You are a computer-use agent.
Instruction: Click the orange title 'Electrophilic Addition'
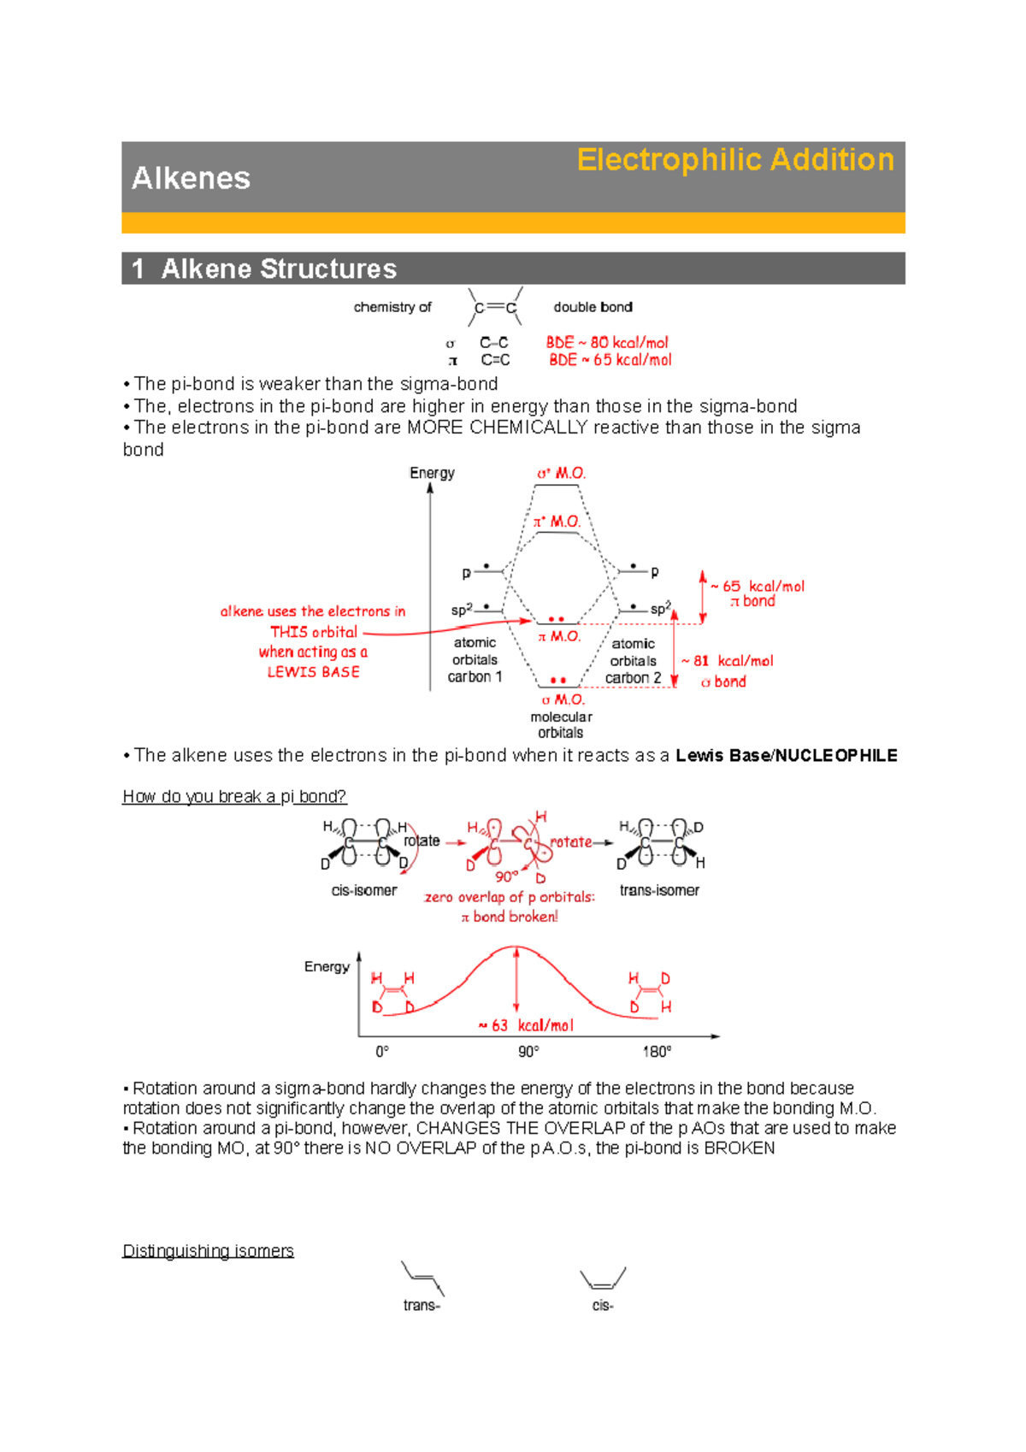pyautogui.click(x=735, y=160)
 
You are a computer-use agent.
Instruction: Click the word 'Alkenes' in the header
pyautogui.click(x=191, y=178)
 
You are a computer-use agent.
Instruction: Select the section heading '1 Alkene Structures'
pyautogui.click(x=264, y=269)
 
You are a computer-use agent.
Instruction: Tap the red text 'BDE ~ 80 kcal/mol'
pyautogui.click(x=607, y=342)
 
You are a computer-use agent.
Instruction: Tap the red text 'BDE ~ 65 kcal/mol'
pyautogui.click(x=610, y=360)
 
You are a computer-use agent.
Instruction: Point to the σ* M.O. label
pyautogui.click(x=561, y=473)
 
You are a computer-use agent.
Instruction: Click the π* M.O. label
pyautogui.click(x=557, y=521)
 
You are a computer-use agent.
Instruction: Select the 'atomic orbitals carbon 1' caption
pyautogui.click(x=475, y=659)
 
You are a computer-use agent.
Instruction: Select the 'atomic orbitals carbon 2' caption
pyautogui.click(x=633, y=661)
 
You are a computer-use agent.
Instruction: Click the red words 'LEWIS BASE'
pyautogui.click(x=313, y=672)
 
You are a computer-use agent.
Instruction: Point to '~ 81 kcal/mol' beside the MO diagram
pyautogui.click(x=727, y=661)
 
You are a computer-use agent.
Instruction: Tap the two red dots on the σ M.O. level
pyautogui.click(x=558, y=681)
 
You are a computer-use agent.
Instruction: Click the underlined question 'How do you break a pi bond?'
pyautogui.click(x=234, y=796)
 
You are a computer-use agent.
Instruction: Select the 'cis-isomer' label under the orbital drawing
pyautogui.click(x=364, y=890)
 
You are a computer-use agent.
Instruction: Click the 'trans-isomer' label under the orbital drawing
pyautogui.click(x=659, y=890)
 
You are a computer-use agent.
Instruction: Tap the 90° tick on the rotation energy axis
pyautogui.click(x=528, y=1051)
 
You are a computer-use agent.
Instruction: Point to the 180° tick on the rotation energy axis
pyautogui.click(x=657, y=1051)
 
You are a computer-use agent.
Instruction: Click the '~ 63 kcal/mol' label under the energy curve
pyautogui.click(x=526, y=1025)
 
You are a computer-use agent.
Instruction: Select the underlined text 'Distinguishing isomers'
pyautogui.click(x=208, y=1251)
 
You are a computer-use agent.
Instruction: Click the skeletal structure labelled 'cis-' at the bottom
pyautogui.click(x=603, y=1279)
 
